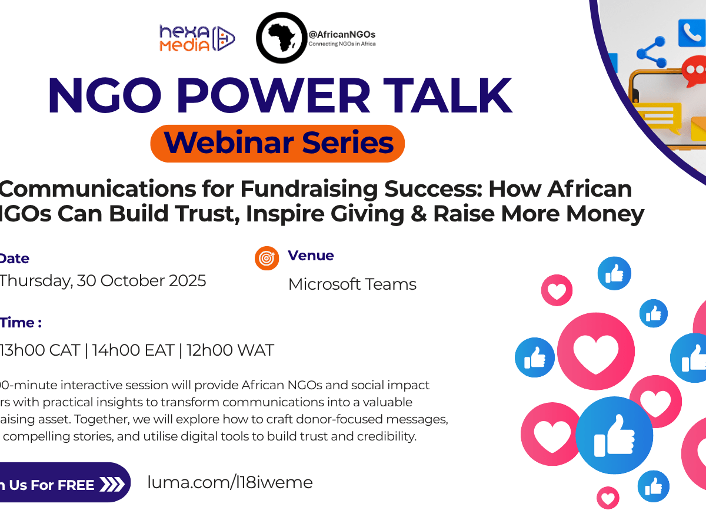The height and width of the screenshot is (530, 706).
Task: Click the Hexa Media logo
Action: coord(197,38)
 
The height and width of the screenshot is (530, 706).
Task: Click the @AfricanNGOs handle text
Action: coord(342,35)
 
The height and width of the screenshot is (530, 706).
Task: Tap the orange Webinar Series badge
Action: coord(278,143)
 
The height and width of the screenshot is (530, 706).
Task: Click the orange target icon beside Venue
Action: coord(267,258)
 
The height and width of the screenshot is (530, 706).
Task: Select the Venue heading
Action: coord(311,256)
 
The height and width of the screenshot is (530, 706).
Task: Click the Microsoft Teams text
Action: coord(352,284)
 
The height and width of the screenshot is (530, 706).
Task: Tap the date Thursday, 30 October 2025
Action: coord(102,280)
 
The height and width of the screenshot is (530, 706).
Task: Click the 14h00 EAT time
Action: coord(133,350)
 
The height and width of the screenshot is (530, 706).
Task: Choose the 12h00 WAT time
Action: coord(230,350)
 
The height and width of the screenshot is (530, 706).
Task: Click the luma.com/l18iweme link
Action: coord(230,483)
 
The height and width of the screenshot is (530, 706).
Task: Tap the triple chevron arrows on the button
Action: coord(112,485)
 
